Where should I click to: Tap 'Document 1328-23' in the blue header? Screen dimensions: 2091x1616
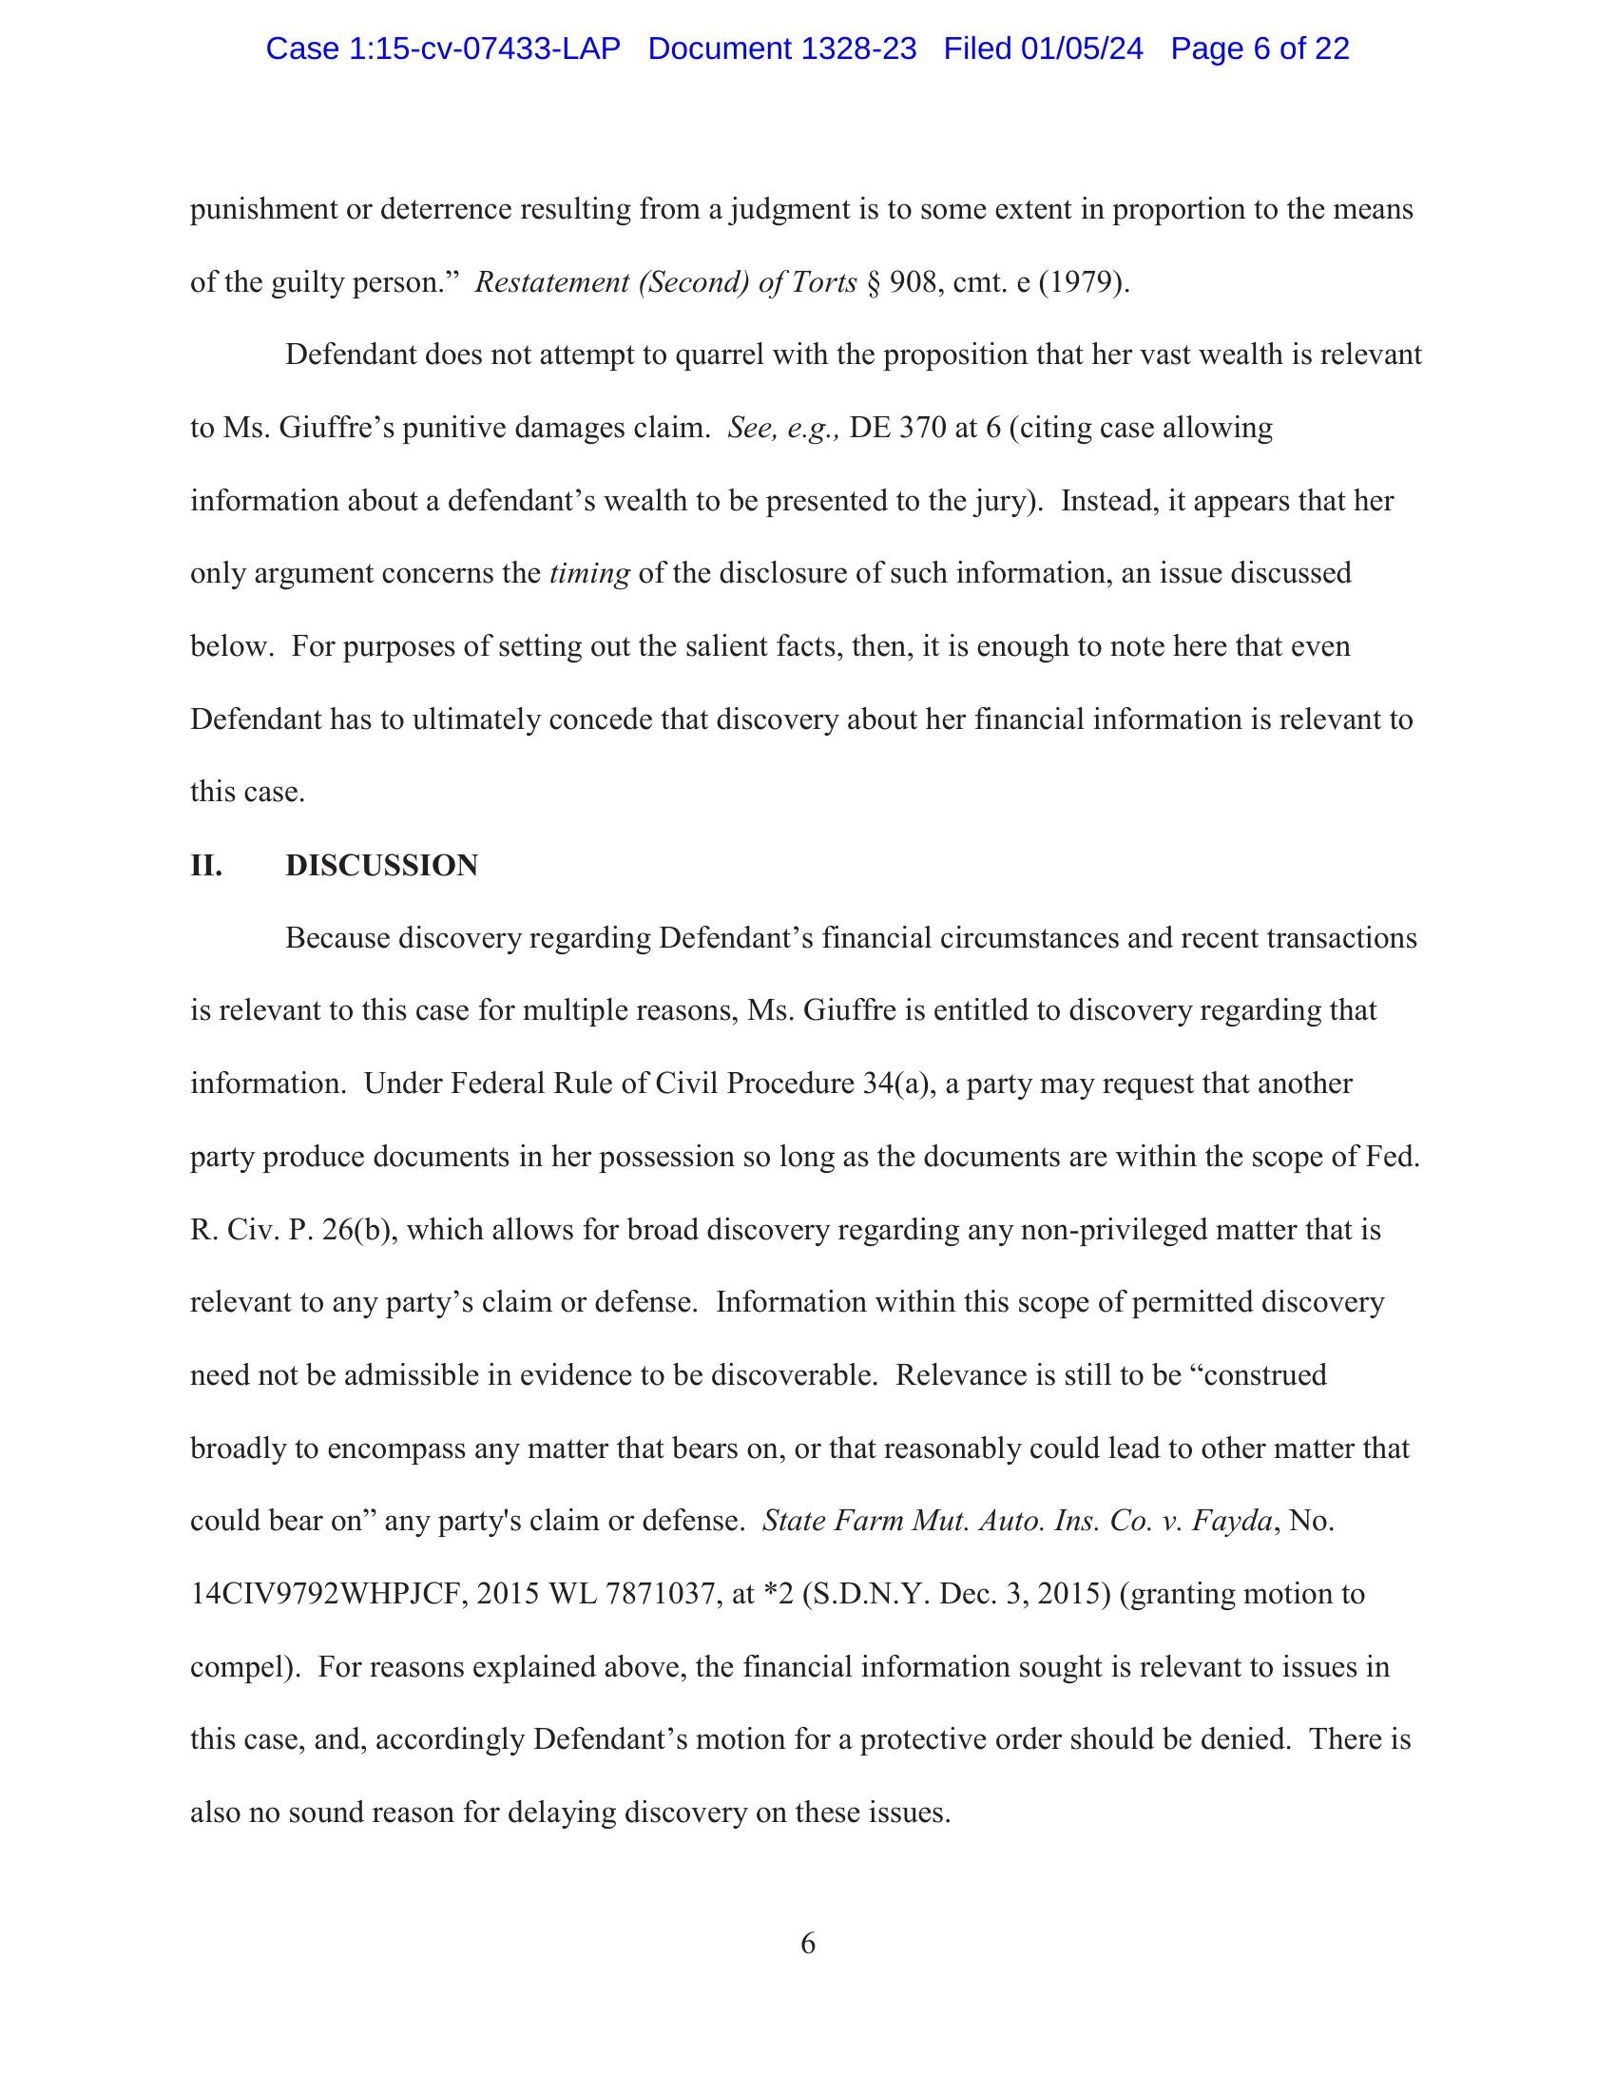coord(781,48)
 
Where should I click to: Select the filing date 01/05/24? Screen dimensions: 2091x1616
coord(1081,48)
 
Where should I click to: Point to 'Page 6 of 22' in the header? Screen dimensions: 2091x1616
coord(1259,48)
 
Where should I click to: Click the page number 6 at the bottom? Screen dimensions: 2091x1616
coord(808,1943)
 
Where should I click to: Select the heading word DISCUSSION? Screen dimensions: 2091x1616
coord(381,866)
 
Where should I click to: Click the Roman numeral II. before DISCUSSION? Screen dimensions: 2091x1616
coord(206,866)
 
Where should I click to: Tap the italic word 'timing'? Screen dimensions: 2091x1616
coord(588,573)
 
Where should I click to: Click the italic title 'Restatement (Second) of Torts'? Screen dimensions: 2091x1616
coord(665,282)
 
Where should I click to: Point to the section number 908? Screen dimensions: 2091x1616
coord(914,282)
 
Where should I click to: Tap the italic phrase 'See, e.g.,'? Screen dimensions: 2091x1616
coord(783,428)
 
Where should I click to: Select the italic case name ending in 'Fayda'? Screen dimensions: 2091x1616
coord(1017,1522)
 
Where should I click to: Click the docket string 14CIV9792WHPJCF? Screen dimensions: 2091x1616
coord(325,1594)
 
